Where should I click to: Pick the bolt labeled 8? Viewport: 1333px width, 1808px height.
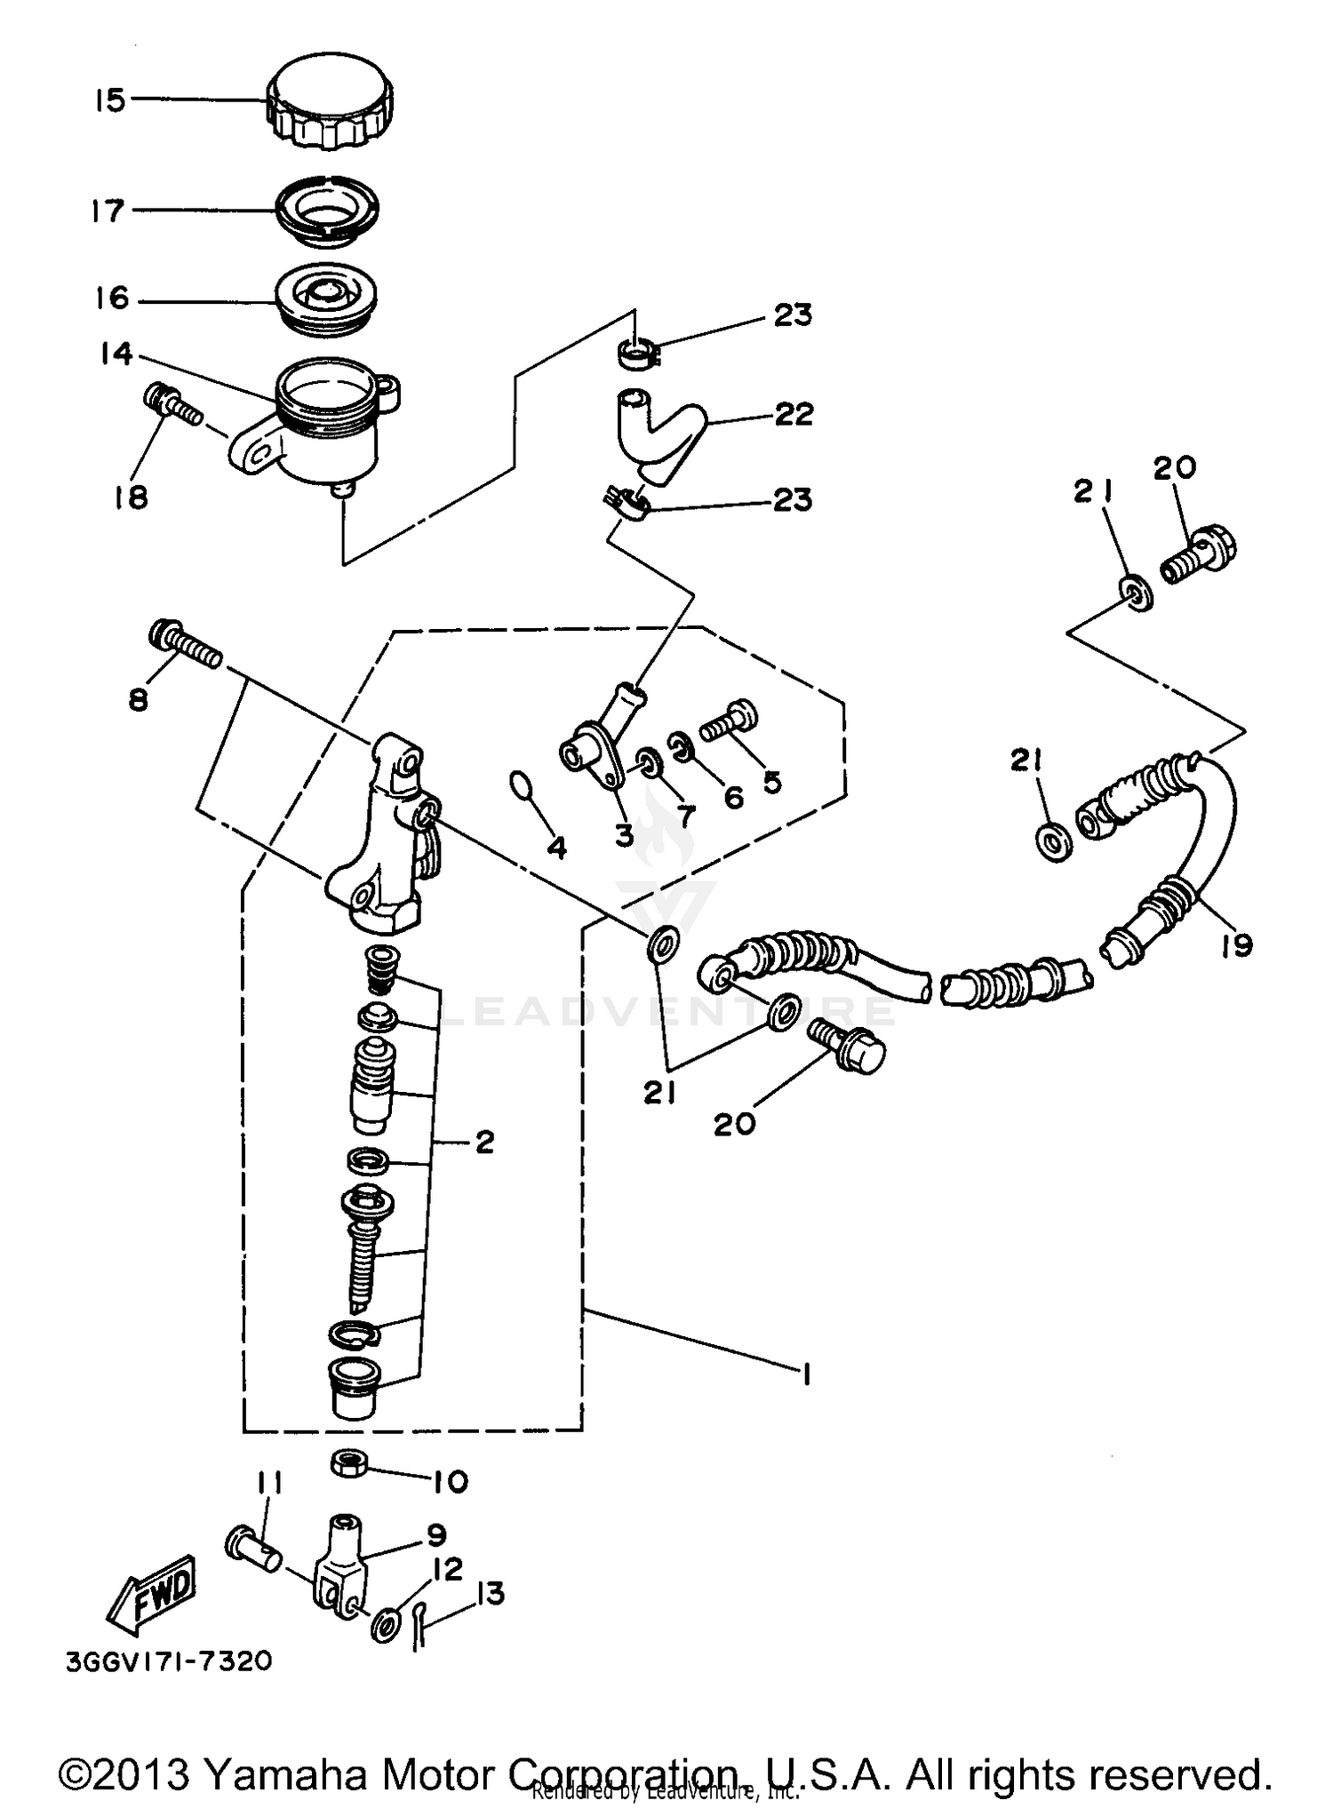185,648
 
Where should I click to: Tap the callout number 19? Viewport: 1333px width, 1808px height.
1236,944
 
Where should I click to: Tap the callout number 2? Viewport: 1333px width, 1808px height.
484,1142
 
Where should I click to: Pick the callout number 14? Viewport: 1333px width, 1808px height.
116,354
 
